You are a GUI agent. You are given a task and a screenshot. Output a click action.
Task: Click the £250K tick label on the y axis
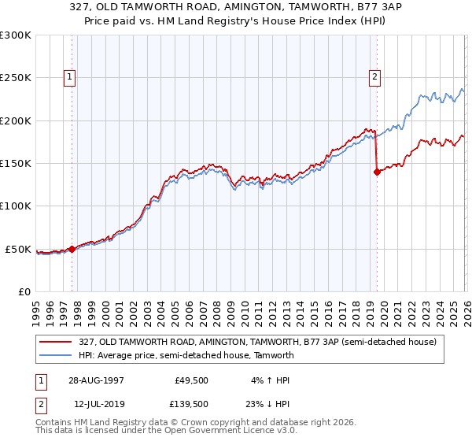click(x=16, y=78)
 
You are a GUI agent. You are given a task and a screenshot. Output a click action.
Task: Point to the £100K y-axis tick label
click(x=16, y=206)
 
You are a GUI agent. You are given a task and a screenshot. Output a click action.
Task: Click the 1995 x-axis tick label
click(x=36, y=307)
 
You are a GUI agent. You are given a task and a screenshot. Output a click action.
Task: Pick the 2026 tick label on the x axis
click(x=464, y=307)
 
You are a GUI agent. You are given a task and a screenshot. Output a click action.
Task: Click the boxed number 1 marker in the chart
click(x=71, y=77)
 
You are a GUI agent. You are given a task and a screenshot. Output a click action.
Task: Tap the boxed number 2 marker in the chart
click(x=374, y=77)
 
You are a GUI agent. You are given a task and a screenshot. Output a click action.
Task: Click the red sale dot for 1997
click(x=72, y=249)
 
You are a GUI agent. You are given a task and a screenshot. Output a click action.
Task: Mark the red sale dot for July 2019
click(x=377, y=172)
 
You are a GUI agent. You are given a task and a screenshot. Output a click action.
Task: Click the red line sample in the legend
click(x=57, y=342)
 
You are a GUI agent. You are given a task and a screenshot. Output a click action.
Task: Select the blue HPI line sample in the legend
click(x=57, y=355)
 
